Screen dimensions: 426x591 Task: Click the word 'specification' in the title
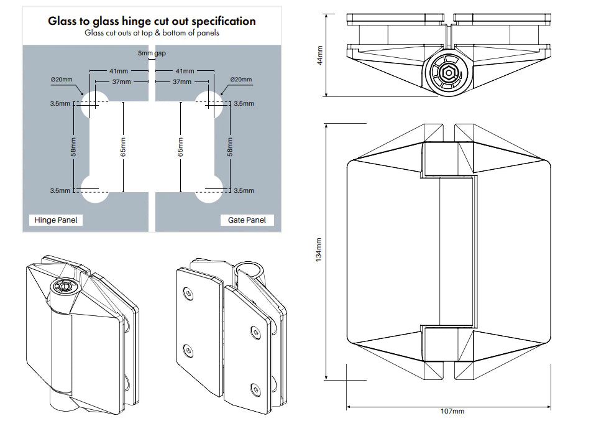click(218, 21)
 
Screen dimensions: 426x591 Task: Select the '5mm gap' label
click(152, 54)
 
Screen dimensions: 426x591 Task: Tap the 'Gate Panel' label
click(247, 220)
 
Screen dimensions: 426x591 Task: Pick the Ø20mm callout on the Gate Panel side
click(241, 80)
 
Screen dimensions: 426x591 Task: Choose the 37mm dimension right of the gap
click(182, 82)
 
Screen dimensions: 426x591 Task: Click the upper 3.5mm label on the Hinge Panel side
click(60, 104)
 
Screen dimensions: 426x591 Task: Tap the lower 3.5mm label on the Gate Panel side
click(244, 191)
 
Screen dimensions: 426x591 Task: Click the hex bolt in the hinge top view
click(447, 72)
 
